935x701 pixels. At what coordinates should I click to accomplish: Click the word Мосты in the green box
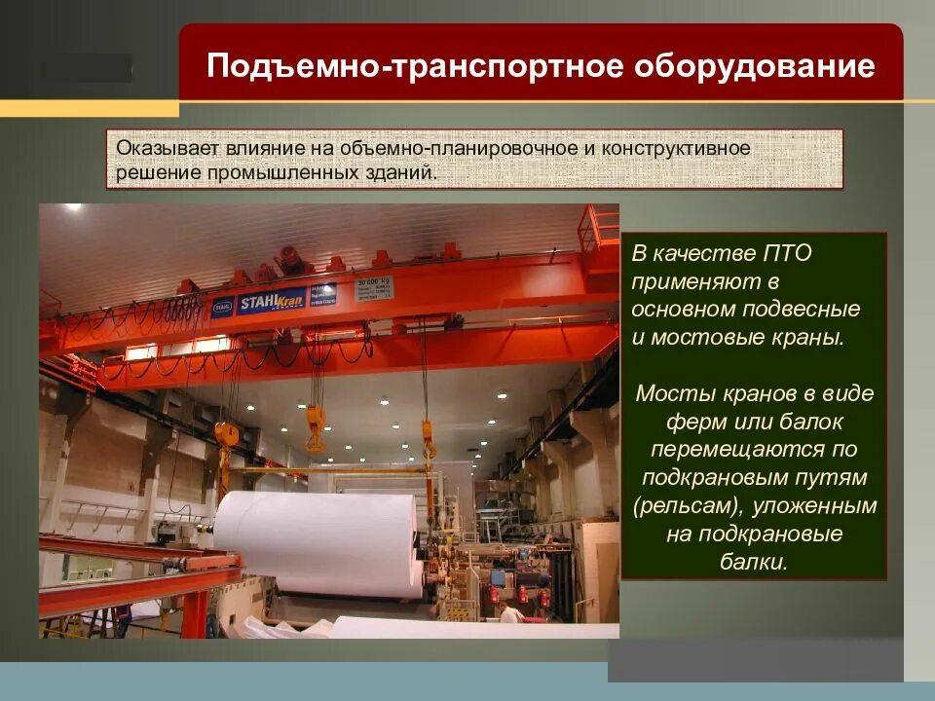coord(669,394)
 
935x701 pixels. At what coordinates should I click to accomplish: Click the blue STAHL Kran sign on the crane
coord(272,299)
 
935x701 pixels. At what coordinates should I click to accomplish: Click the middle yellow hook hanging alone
coord(316,428)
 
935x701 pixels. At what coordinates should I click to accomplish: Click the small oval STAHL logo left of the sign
coord(223,306)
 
